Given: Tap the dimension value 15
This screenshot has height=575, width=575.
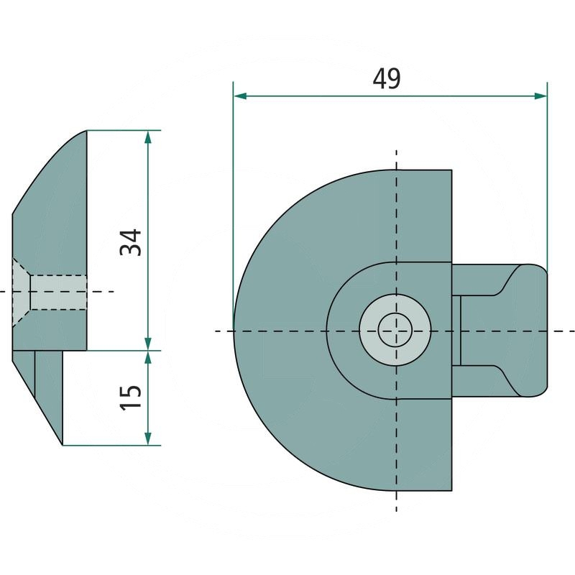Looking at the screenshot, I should point(131,397).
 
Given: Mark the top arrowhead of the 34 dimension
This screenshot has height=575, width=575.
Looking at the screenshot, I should point(148,136).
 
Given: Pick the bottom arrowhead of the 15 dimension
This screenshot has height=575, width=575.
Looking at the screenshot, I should point(148,439).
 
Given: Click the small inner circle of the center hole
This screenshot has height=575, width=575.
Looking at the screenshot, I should point(395,331).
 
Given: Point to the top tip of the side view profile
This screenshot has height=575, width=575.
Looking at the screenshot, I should point(86,131).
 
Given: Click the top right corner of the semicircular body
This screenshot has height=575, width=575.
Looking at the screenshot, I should point(451,170).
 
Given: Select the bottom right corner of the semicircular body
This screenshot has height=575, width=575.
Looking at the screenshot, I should point(451,491).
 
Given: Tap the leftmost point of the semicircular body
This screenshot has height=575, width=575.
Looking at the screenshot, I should point(234,331).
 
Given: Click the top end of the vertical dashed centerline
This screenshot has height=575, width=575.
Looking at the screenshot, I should point(396,152).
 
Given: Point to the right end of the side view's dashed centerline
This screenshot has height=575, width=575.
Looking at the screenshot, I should point(113,292).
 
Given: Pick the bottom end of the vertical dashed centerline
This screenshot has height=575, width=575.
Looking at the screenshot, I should point(396,510).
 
